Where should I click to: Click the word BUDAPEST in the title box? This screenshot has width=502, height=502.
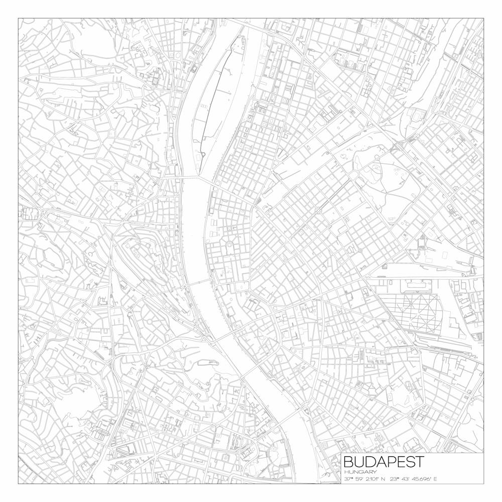[384, 461]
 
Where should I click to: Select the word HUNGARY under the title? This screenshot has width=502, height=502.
[360, 472]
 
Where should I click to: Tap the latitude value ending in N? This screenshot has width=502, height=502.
[364, 479]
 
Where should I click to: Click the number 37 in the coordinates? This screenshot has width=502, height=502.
[347, 479]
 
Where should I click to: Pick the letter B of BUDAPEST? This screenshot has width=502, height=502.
[348, 461]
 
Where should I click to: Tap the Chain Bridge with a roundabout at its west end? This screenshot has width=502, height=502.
[199, 282]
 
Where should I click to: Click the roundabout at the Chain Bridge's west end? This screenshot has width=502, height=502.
[184, 286]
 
